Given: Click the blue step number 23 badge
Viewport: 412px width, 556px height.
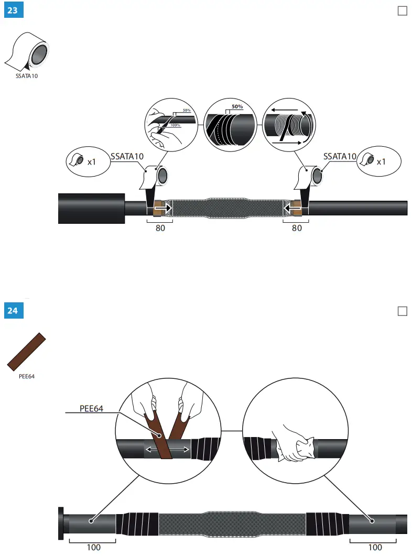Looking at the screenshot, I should click(x=13, y=10).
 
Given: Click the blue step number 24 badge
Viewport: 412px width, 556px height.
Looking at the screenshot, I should click(x=13, y=311).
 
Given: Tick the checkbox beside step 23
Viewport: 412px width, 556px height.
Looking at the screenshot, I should click(x=403, y=11).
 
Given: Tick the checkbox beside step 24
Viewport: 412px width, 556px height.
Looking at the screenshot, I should click(x=403, y=311).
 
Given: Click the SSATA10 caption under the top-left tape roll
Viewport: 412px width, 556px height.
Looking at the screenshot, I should click(x=27, y=75).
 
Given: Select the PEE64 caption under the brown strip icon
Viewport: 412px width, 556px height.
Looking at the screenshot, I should click(x=26, y=376).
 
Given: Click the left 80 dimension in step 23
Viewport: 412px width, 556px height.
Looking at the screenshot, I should click(x=160, y=228).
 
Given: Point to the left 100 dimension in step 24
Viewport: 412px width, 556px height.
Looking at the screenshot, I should click(x=93, y=547).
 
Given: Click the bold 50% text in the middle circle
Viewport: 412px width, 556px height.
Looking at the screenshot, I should click(x=237, y=107).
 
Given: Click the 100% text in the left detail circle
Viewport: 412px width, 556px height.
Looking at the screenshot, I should click(x=176, y=126).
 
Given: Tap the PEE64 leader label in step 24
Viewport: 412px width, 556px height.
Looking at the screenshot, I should click(x=91, y=409).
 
